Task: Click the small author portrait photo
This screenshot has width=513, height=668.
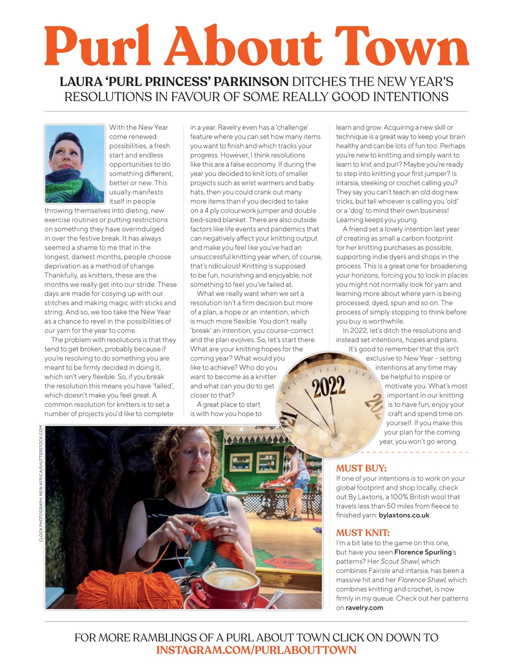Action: click(75, 163)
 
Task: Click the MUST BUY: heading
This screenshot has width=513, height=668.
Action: click(362, 468)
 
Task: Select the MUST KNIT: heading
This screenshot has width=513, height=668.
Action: click(363, 533)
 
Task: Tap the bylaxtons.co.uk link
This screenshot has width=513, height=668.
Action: click(404, 515)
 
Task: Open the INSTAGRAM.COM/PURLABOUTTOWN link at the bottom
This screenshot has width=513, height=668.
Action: click(256, 650)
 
